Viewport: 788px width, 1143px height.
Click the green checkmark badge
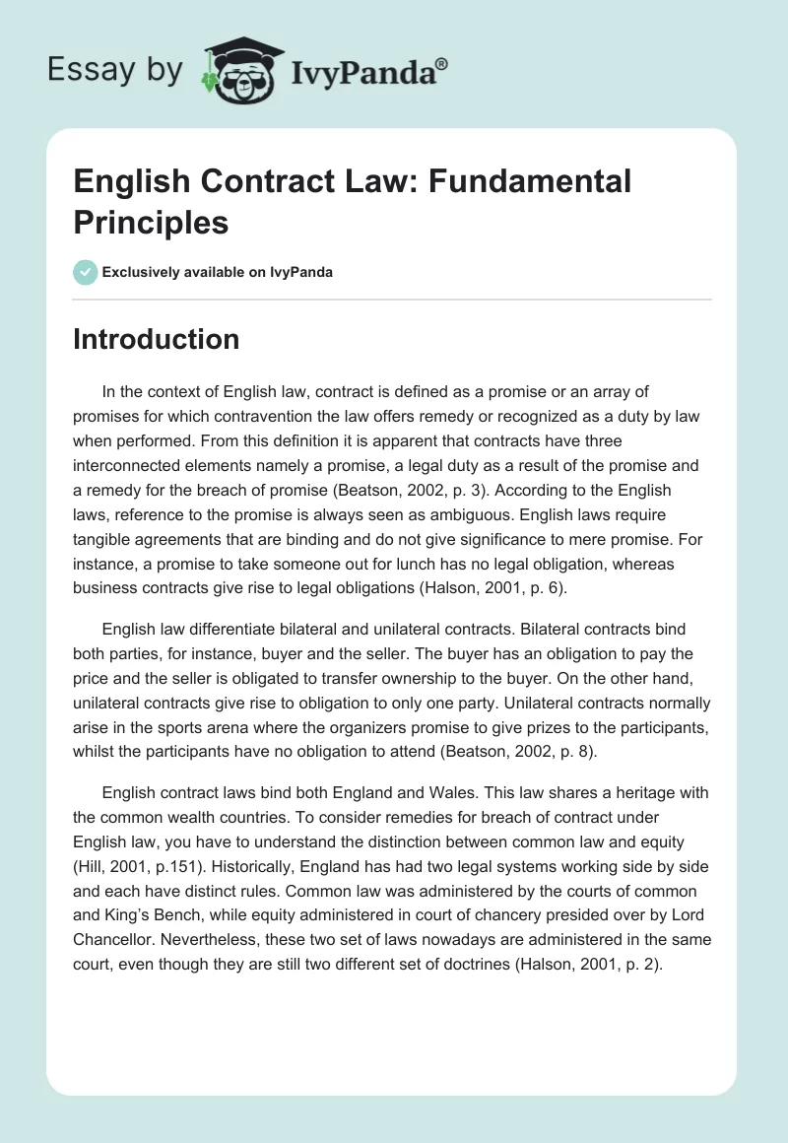click(86, 272)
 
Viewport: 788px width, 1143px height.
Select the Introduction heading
click(157, 339)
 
